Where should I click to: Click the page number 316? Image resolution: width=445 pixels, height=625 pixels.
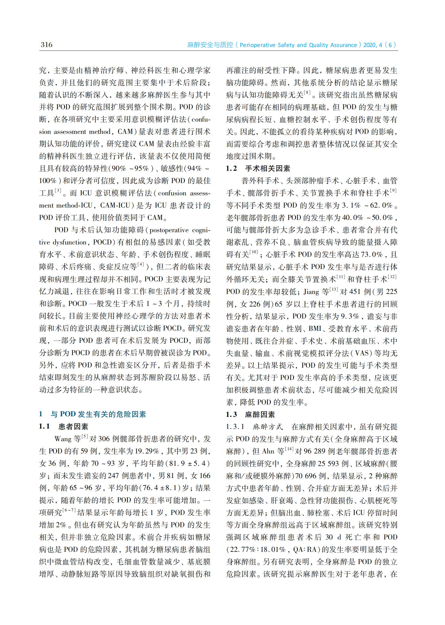(x=47, y=45)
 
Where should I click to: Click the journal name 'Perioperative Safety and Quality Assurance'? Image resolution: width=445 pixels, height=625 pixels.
(x=298, y=45)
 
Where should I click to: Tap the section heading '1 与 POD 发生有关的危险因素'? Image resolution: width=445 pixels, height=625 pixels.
(x=92, y=414)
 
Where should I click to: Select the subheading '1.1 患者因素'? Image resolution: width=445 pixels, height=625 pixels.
(x=64, y=426)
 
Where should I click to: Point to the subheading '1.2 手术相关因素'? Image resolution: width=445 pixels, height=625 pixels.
(x=258, y=168)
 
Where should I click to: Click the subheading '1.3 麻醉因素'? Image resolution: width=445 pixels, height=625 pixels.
(x=250, y=414)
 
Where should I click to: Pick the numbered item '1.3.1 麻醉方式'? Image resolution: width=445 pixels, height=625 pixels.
(x=254, y=426)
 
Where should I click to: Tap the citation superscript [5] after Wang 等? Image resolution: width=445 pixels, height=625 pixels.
(x=85, y=436)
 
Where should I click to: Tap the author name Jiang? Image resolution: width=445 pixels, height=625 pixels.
(x=311, y=291)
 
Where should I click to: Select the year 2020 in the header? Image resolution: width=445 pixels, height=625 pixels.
(x=370, y=45)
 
